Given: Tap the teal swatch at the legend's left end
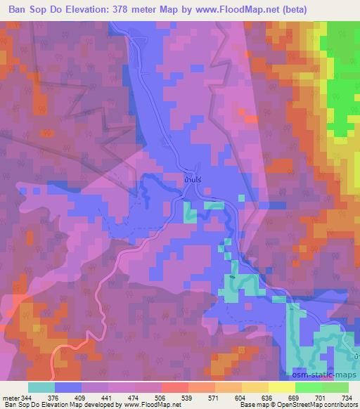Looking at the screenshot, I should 41,387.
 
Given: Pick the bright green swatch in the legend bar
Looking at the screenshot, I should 309,387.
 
